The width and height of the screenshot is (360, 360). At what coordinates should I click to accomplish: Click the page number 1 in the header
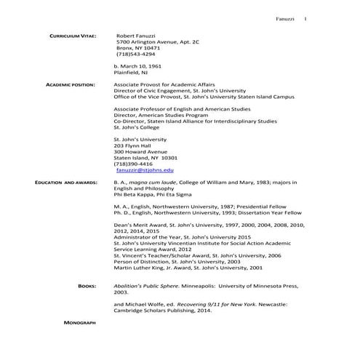[x=305, y=17]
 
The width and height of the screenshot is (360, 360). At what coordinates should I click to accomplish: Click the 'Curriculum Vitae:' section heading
[x=71, y=35]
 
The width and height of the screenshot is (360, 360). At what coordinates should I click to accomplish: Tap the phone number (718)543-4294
[x=136, y=54]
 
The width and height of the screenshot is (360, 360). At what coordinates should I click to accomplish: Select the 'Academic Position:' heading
[x=71, y=85]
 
